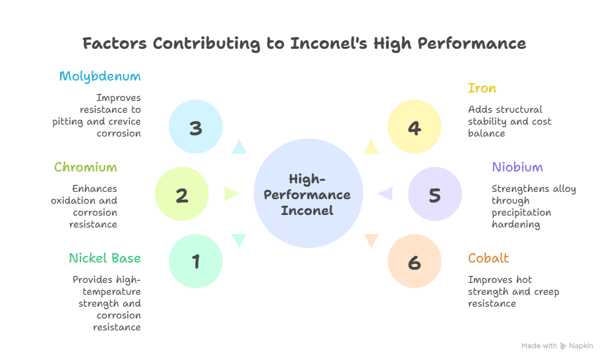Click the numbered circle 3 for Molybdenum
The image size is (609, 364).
[196, 127]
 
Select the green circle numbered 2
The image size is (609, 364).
[182, 195]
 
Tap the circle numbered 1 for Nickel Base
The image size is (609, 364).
[196, 262]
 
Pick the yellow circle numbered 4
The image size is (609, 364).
[414, 127]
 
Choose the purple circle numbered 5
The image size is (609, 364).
[434, 195]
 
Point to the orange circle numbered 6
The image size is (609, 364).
[414, 262]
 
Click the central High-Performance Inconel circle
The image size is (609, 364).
[308, 195]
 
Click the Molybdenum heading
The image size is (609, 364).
[100, 76]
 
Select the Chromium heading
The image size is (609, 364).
[86, 167]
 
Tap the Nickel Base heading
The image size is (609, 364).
[105, 258]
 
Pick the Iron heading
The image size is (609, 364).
[482, 88]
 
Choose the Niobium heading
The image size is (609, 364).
[517, 167]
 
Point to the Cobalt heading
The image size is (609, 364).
[488, 258]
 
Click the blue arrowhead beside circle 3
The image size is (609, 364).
[238, 147]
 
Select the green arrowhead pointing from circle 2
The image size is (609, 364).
[231, 194]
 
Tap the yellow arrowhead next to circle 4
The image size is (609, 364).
[372, 147]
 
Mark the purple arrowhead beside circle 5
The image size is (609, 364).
[386, 194]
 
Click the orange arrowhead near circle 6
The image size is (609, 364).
[372, 241]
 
